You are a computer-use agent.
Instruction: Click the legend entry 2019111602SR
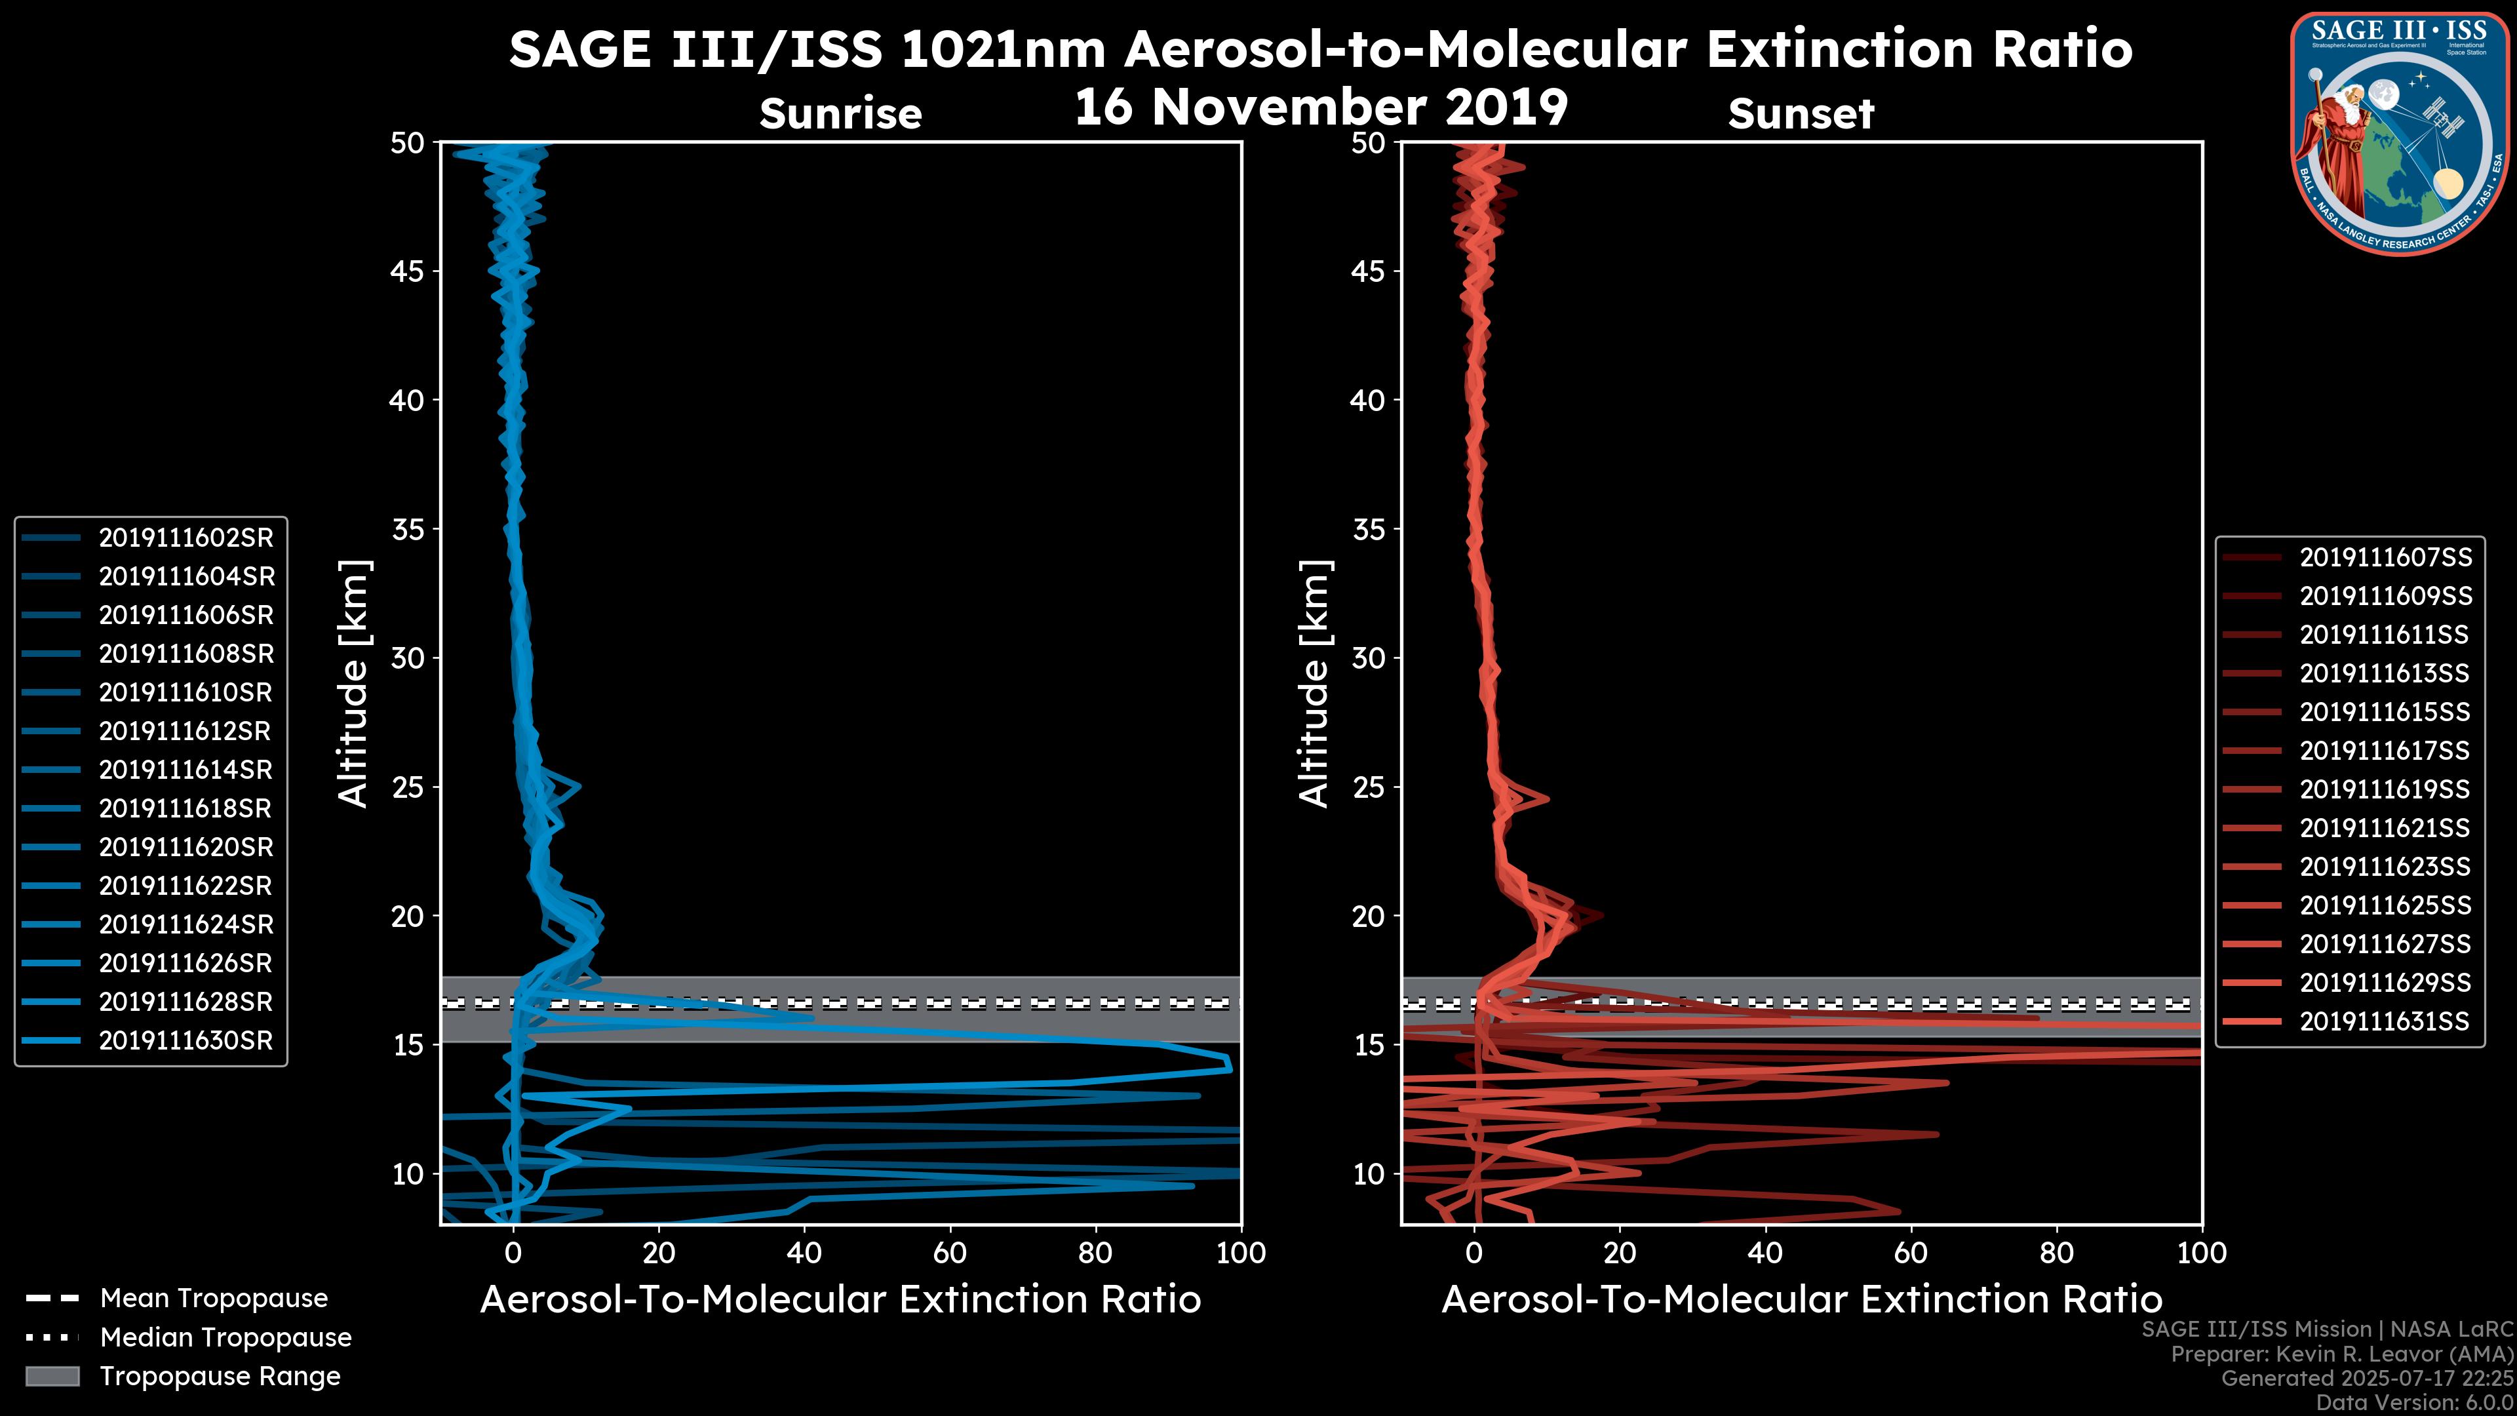185,538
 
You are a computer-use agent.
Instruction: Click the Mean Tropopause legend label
214,1299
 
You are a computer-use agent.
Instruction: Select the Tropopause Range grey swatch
52,1377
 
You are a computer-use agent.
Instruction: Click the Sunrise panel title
840,114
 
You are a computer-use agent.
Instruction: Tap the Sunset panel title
1801,114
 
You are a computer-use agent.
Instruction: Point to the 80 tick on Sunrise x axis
1095,1253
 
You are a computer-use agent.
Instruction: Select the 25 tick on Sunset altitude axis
1369,787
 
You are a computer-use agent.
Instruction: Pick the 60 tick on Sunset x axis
1910,1253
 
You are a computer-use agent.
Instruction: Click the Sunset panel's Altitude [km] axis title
1315,683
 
